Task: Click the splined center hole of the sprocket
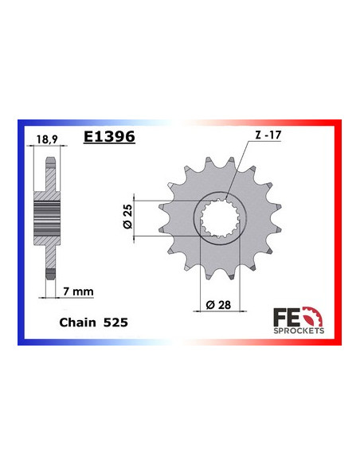click(218, 216)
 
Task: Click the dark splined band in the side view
click(49, 216)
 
